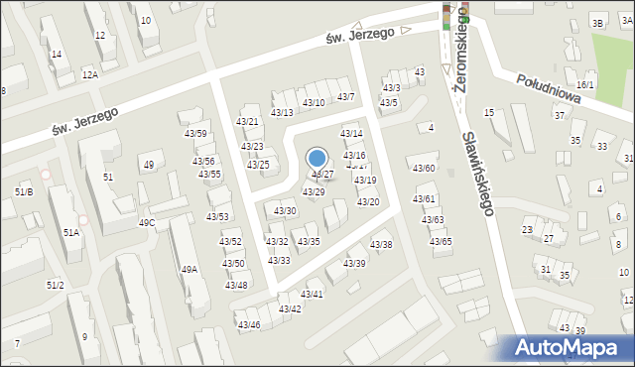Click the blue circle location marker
(317, 158)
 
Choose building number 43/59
(194, 134)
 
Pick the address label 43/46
(248, 324)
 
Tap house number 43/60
(424, 168)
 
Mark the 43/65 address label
(441, 241)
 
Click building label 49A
(189, 269)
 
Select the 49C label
(147, 222)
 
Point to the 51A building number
(71, 232)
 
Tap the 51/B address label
(24, 191)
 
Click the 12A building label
(90, 74)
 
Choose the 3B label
(597, 23)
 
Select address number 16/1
(585, 85)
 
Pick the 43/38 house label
(381, 245)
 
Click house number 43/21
(247, 121)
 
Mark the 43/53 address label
(217, 216)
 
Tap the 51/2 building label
(55, 285)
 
